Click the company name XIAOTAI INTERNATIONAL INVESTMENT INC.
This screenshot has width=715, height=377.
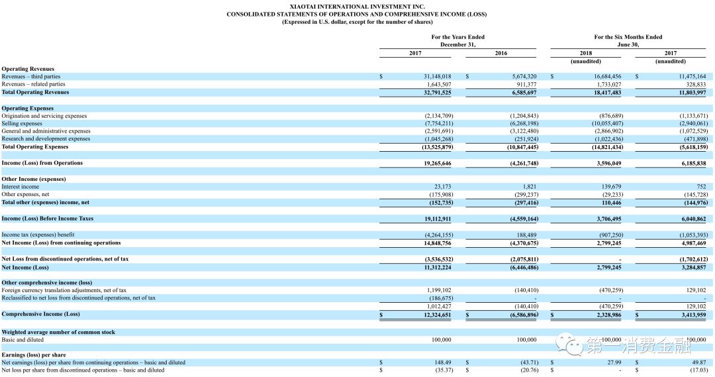(x=357, y=6)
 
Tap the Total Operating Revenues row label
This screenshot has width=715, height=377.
(x=35, y=92)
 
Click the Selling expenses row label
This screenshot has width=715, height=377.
(x=22, y=123)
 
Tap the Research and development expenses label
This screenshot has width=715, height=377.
(x=46, y=138)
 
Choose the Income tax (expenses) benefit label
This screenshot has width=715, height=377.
(x=38, y=235)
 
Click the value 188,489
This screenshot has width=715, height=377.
(x=526, y=235)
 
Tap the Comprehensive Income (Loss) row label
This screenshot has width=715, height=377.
(x=41, y=314)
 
